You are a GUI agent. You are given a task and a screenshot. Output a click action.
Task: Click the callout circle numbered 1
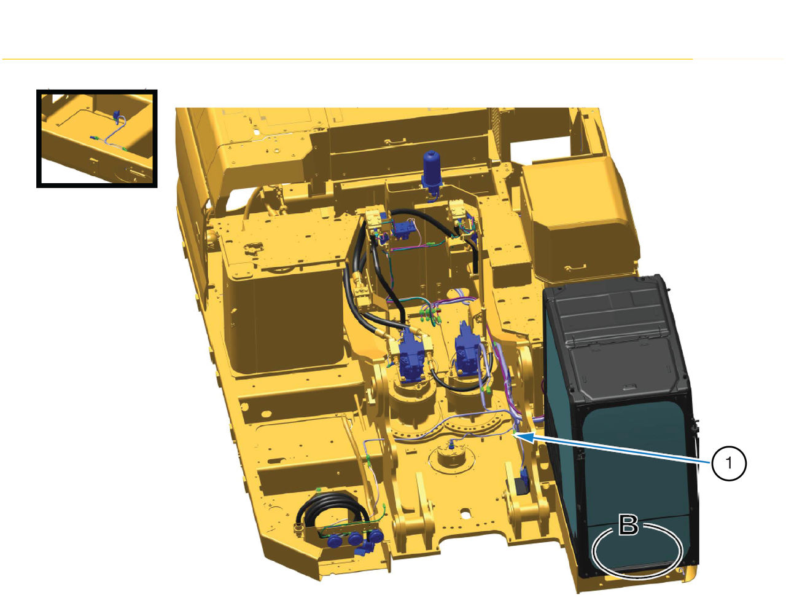click(729, 464)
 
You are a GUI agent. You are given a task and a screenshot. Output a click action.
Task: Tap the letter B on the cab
click(628, 526)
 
